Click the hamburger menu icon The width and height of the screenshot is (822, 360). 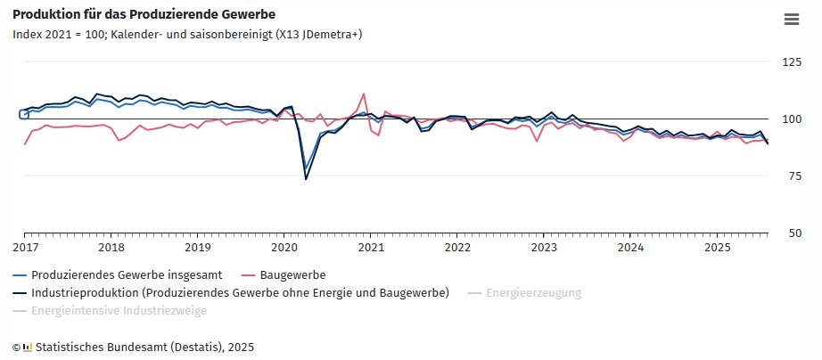791,19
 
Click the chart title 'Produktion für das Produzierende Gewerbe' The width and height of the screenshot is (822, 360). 144,15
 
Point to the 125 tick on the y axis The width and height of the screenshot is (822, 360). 790,61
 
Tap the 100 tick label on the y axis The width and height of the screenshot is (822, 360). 790,119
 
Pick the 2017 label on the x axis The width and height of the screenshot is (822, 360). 25,247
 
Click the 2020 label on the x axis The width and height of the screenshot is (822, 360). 284,247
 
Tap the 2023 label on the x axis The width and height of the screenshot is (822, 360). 544,247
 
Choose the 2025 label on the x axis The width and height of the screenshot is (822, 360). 717,247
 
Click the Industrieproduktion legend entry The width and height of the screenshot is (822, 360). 240,292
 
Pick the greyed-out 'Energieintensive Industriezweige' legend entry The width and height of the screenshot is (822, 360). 119,310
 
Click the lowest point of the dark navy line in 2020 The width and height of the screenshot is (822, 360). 306,179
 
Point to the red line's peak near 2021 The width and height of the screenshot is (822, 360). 364,94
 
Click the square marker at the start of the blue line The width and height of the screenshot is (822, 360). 24,114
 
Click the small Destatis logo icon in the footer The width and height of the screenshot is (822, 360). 28,346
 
